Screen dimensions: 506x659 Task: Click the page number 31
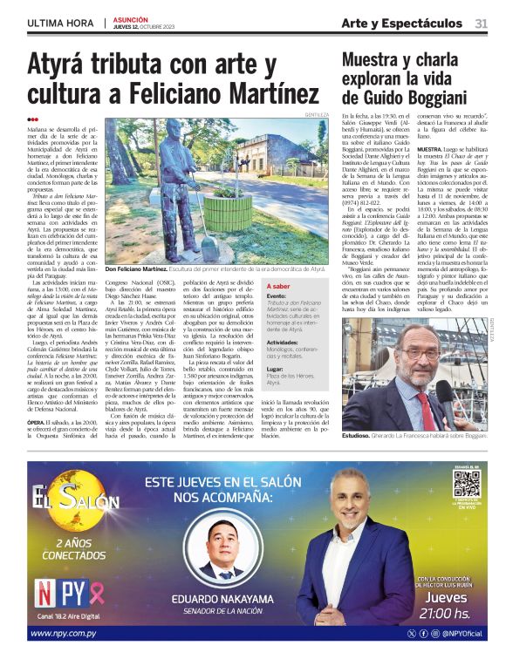pyautogui.click(x=481, y=23)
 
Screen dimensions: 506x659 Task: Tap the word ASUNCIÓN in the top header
pyautogui.click(x=131, y=18)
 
